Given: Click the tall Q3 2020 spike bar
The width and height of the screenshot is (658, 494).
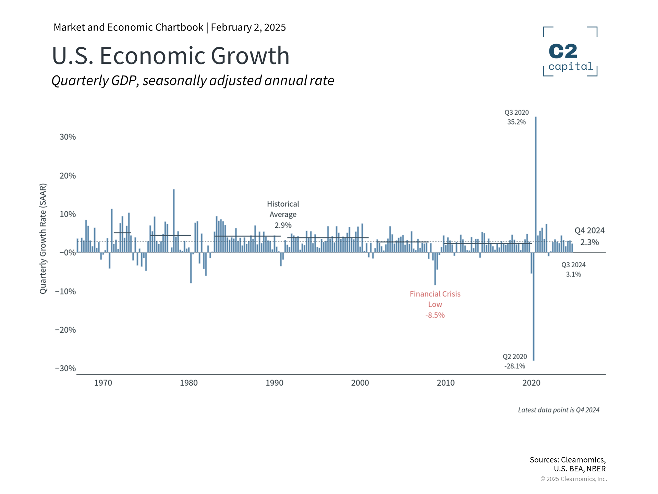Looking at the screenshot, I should (536, 185).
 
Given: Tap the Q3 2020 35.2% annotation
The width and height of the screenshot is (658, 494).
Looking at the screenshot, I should (516, 117).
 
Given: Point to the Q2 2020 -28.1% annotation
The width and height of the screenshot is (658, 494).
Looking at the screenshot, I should (515, 361).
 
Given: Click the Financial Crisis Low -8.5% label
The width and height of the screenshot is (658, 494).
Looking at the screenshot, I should (435, 304).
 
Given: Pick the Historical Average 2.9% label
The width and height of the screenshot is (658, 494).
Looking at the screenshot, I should (283, 214).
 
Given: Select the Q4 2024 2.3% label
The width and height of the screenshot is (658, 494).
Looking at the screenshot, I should (589, 236).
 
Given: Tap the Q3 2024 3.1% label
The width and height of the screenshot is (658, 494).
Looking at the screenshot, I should (573, 270).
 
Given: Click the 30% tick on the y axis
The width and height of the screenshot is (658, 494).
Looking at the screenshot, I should (68, 137).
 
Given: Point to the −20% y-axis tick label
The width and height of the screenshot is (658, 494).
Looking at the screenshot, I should (65, 330).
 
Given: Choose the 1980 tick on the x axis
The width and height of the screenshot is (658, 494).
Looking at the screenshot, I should (189, 383).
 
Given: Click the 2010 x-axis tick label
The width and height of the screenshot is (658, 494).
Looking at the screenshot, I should (446, 383).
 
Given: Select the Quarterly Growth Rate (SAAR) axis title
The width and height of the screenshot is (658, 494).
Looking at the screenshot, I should (43, 239).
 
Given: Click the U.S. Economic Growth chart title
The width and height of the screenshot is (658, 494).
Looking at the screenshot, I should (171, 56).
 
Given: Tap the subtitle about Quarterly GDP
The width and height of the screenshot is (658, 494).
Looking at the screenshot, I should (193, 81).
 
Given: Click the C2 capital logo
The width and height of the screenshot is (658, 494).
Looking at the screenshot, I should (570, 51).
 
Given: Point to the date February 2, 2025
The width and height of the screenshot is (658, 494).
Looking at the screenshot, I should (248, 27).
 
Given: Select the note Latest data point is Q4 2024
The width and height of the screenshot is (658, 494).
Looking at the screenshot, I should (559, 410).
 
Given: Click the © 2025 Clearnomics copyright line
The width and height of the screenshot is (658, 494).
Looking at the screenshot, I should (573, 479).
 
